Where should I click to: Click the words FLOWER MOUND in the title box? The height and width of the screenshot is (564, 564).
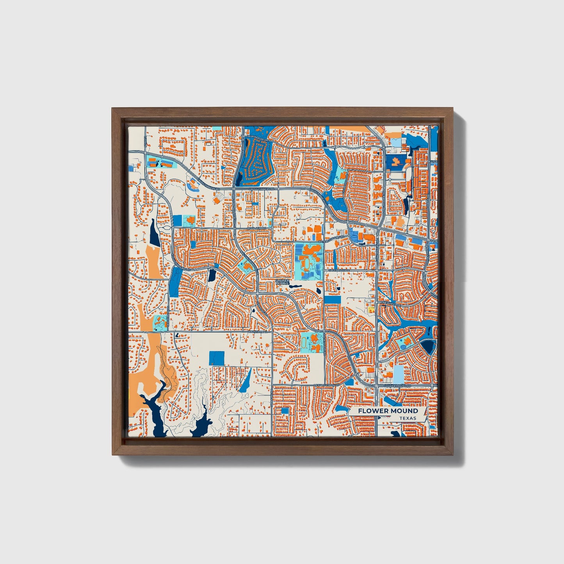[388, 411]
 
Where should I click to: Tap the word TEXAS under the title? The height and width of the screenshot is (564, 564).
[407, 418]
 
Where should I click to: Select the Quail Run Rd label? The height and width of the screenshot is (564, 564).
[258, 228]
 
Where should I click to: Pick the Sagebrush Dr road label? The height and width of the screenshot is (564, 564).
[338, 270]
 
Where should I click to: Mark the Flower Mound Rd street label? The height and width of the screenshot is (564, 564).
[397, 386]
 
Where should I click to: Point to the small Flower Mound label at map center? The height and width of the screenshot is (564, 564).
[282, 281]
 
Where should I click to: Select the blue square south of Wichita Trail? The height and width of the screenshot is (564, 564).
[217, 358]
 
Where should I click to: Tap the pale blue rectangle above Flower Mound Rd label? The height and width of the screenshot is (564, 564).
[398, 374]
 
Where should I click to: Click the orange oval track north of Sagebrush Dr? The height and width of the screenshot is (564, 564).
[307, 264]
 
